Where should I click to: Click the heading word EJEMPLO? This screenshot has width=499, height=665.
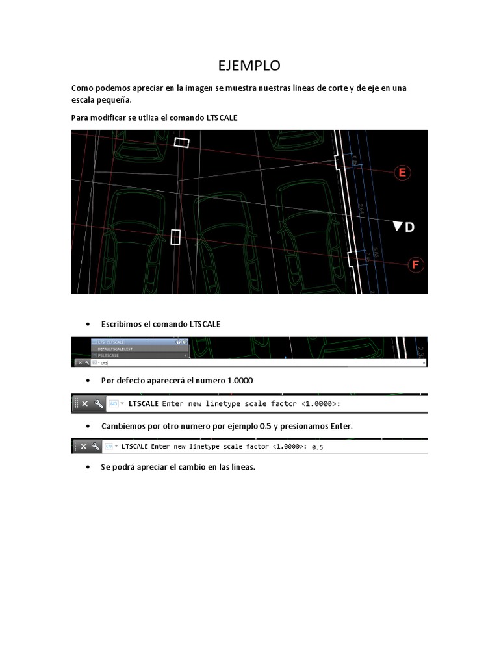pos(249,66)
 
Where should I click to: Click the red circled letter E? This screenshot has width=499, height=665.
pos(402,172)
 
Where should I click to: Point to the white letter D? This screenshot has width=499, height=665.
pos(409,227)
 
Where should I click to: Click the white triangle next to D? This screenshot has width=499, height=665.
pos(397,227)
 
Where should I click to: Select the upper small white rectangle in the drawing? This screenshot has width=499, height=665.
pos(182,142)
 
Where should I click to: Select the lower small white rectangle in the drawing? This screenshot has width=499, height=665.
pos(175,236)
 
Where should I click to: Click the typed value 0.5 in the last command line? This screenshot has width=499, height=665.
pos(318,447)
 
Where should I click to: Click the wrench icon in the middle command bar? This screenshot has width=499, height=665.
pos(99,404)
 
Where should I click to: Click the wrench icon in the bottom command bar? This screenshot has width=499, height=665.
pos(96,447)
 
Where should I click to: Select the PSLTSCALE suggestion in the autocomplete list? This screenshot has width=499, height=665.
pos(109,356)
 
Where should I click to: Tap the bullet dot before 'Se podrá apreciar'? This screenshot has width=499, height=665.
pos(87,468)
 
